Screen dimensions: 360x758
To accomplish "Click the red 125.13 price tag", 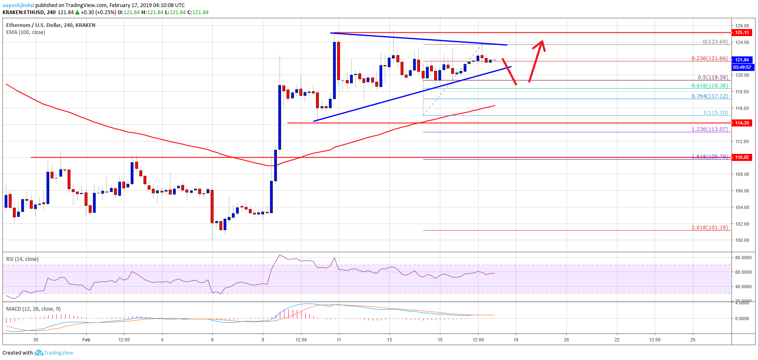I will pos(742,32).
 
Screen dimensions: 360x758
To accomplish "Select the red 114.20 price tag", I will pos(742,123).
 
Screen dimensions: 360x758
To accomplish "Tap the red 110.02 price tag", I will pos(742,157).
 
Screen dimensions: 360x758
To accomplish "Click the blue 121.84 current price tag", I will pos(742,60).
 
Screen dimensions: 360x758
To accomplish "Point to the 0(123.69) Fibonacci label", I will pos(715,42).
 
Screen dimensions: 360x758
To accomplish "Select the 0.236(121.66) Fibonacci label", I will pos(709,58).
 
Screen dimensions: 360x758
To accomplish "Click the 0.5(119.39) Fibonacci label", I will pos(712,78).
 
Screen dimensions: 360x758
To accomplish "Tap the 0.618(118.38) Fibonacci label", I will pos(709,86).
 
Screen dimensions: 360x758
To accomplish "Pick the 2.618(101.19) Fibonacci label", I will pos(709,228).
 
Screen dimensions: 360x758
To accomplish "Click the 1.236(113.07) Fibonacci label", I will pos(709,129).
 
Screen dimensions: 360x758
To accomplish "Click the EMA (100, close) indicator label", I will pos(26,32).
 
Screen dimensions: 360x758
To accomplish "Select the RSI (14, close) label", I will pos(22,259).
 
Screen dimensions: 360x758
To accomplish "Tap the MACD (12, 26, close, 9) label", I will pos(33,309).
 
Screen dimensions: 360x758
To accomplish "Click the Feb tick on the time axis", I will pos(86,340).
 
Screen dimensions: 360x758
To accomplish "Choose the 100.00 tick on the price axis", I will pos(742,240).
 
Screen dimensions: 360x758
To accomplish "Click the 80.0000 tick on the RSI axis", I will pos(743,258).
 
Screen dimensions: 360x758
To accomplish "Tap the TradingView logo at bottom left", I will pos(53,353).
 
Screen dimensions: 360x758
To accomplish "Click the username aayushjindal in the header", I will pos(18,5).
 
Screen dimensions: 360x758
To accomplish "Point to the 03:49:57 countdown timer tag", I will pos(742,67).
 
